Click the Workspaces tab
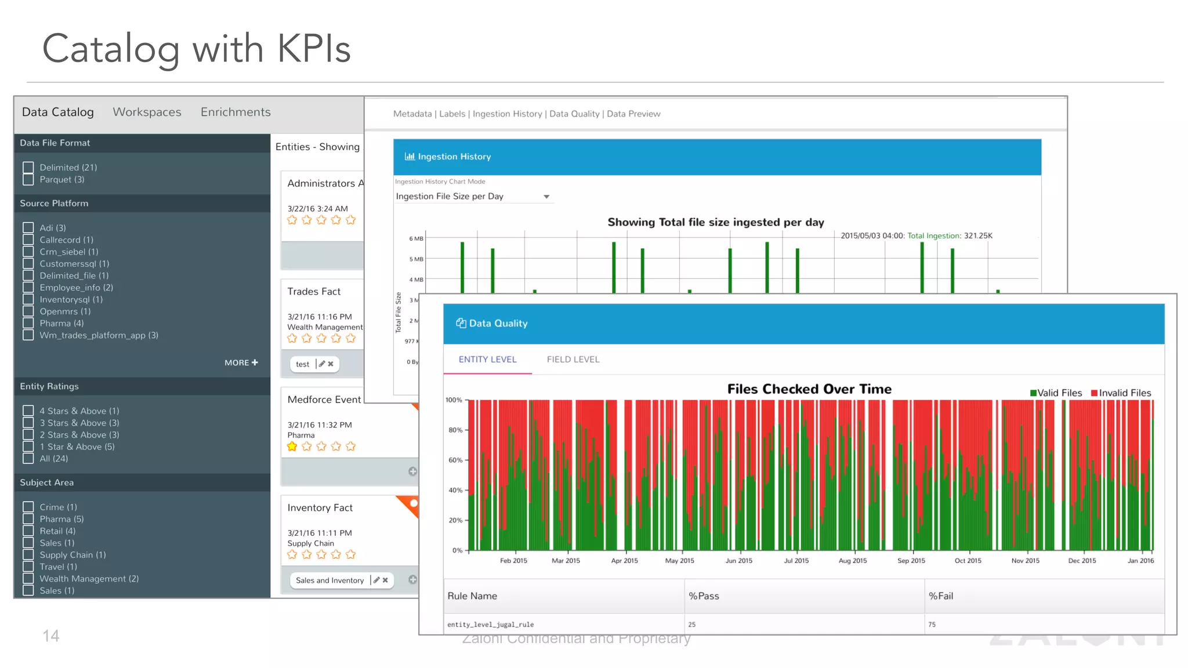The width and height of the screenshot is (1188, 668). click(x=147, y=112)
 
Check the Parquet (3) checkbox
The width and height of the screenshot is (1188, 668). click(x=28, y=180)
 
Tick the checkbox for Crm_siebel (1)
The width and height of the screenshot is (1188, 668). click(x=28, y=252)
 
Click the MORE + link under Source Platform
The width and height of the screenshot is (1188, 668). click(x=241, y=362)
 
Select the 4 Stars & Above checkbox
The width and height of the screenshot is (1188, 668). click(x=28, y=411)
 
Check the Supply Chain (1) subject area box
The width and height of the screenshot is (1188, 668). click(x=28, y=555)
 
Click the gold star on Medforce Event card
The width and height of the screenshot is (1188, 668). click(x=292, y=446)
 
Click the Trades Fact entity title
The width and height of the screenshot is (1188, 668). click(x=314, y=292)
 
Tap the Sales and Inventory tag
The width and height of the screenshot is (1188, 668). click(x=329, y=580)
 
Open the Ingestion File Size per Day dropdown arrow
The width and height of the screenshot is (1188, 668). click(x=546, y=197)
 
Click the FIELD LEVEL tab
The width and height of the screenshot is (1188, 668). click(x=573, y=360)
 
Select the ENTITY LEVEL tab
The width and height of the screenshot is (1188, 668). click(x=487, y=360)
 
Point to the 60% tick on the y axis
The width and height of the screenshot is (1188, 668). click(x=456, y=460)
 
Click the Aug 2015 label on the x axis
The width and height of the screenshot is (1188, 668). click(x=852, y=561)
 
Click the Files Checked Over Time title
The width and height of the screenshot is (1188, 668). click(x=809, y=389)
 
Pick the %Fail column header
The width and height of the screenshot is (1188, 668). click(x=940, y=596)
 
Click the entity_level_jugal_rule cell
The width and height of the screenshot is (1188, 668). click(x=490, y=625)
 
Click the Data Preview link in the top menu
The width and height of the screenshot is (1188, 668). click(x=633, y=114)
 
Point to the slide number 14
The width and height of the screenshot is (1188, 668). click(x=51, y=636)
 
